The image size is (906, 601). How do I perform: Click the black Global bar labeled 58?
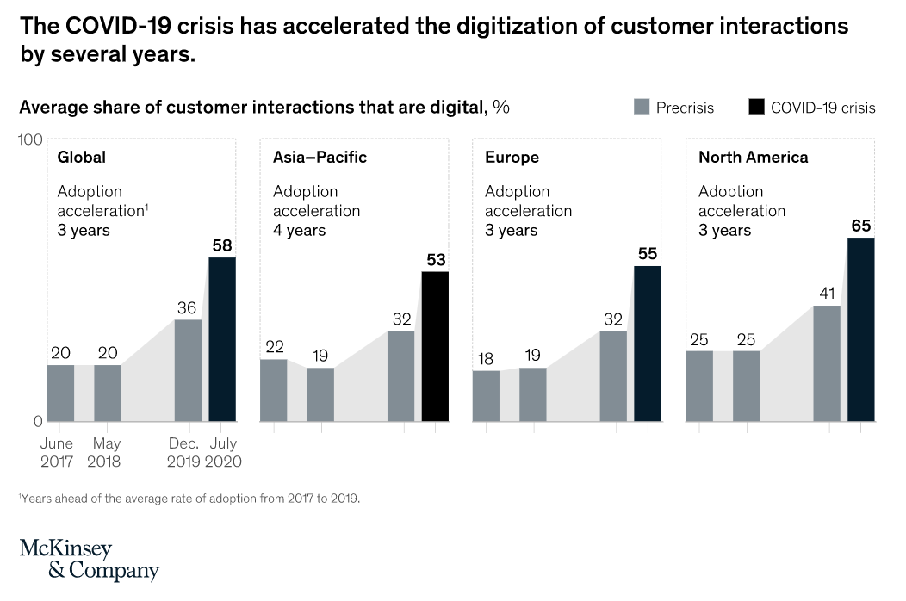(222, 339)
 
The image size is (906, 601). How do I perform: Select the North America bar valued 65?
(860, 329)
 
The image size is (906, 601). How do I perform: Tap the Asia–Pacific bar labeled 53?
(435, 346)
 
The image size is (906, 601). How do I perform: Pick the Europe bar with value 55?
(648, 344)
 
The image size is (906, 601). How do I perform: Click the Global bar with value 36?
(188, 370)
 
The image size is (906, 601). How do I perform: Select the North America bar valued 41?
(826, 363)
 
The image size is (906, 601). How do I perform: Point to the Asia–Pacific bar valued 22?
(273, 390)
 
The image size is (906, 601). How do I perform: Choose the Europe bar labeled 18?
(486, 395)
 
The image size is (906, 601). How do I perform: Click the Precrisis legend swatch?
(642, 107)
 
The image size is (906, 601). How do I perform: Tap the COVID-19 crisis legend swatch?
(755, 107)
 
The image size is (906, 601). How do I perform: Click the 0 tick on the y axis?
(37, 421)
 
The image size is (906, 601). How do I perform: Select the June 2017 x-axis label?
(59, 452)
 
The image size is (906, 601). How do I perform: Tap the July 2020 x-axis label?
(222, 452)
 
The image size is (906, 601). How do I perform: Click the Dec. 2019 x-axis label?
(183, 452)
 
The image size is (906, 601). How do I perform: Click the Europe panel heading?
(512, 158)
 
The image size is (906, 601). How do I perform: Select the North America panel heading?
(753, 158)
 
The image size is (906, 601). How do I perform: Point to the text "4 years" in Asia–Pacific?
(299, 230)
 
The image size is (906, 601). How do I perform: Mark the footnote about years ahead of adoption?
(189, 498)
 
